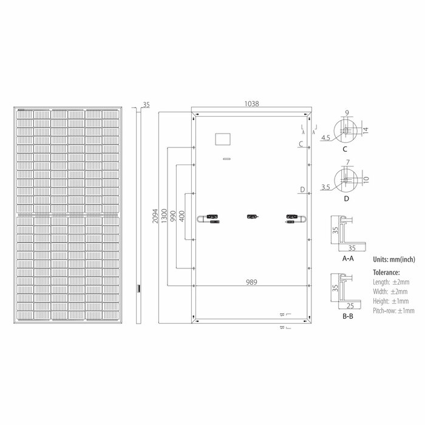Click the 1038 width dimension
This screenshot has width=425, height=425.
[251, 104]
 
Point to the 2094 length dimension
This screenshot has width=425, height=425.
[155, 216]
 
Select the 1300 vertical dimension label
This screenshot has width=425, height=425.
[164, 216]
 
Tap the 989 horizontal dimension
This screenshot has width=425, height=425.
[251, 282]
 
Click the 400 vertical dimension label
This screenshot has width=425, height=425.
[182, 216]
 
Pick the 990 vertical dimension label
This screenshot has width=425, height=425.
[173, 216]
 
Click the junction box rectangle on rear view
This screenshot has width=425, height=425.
[223, 139]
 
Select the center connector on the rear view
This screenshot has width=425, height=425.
[253, 217]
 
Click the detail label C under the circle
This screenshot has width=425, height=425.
[345, 149]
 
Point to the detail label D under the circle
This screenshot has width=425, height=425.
[346, 199]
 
